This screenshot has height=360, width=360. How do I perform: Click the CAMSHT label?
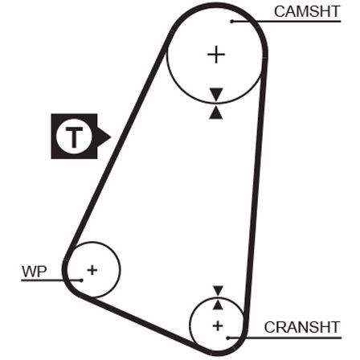pos(307,12)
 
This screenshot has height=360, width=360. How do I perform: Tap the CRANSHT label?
pos(302,327)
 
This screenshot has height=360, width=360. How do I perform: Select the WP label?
pos(35,272)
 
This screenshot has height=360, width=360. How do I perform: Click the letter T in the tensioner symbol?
pos(74,137)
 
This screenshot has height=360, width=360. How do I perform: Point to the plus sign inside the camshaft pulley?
pos(216,55)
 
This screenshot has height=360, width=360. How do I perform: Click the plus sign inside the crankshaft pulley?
pos(218,326)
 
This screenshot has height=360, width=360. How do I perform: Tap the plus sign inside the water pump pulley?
pos(92,270)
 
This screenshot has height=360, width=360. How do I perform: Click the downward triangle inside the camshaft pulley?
pos(216,94)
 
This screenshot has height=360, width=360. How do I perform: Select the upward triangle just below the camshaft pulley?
pos(216,112)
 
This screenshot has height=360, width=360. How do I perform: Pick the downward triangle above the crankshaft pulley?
pos(218,291)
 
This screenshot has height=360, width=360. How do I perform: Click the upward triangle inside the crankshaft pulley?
pos(218,305)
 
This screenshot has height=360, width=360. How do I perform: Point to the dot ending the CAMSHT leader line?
pos(232,21)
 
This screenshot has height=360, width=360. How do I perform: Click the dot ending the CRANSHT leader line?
pos(227,338)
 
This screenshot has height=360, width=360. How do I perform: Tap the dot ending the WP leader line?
pos(81,280)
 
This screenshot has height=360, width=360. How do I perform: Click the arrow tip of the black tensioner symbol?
pos(111,137)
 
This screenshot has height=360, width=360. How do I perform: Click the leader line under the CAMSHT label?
pos(286,21)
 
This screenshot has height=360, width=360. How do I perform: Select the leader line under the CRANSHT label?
pos(284,338)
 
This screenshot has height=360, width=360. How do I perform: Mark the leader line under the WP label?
pos(51,280)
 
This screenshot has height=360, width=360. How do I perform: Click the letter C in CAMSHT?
pos(280,12)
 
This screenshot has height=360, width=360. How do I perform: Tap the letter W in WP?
pos(29,272)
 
